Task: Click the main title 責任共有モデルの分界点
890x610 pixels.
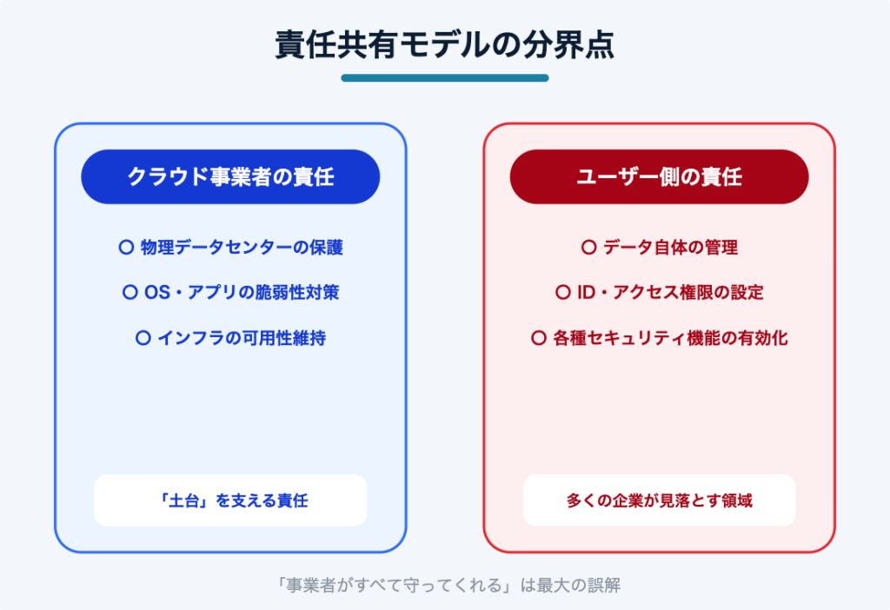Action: [x=444, y=45]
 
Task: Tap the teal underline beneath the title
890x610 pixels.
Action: [x=444, y=77]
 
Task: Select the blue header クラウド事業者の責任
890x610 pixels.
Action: [x=230, y=176]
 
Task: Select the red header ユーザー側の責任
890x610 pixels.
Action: [x=659, y=176]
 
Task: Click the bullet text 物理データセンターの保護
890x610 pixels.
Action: [x=242, y=248]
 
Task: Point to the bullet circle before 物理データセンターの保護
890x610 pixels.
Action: [x=126, y=247]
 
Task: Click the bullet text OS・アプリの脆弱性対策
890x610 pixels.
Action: [x=242, y=292]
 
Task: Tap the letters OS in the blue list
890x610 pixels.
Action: [x=157, y=292]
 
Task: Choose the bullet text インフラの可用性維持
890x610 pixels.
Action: [x=242, y=338]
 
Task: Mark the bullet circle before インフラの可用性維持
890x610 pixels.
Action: [x=143, y=338]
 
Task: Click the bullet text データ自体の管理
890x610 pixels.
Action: [x=670, y=248]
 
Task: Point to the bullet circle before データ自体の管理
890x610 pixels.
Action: [x=588, y=247]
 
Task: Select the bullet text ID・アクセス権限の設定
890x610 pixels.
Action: [x=670, y=292]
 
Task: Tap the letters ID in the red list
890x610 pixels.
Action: [x=586, y=292]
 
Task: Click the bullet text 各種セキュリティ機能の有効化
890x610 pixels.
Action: [x=670, y=338]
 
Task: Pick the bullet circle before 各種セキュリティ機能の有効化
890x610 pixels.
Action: [x=538, y=338]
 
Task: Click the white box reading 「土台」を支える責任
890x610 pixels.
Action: [x=230, y=500]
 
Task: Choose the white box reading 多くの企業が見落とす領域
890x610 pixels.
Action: [x=659, y=500]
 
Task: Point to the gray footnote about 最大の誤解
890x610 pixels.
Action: [x=447, y=585]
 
